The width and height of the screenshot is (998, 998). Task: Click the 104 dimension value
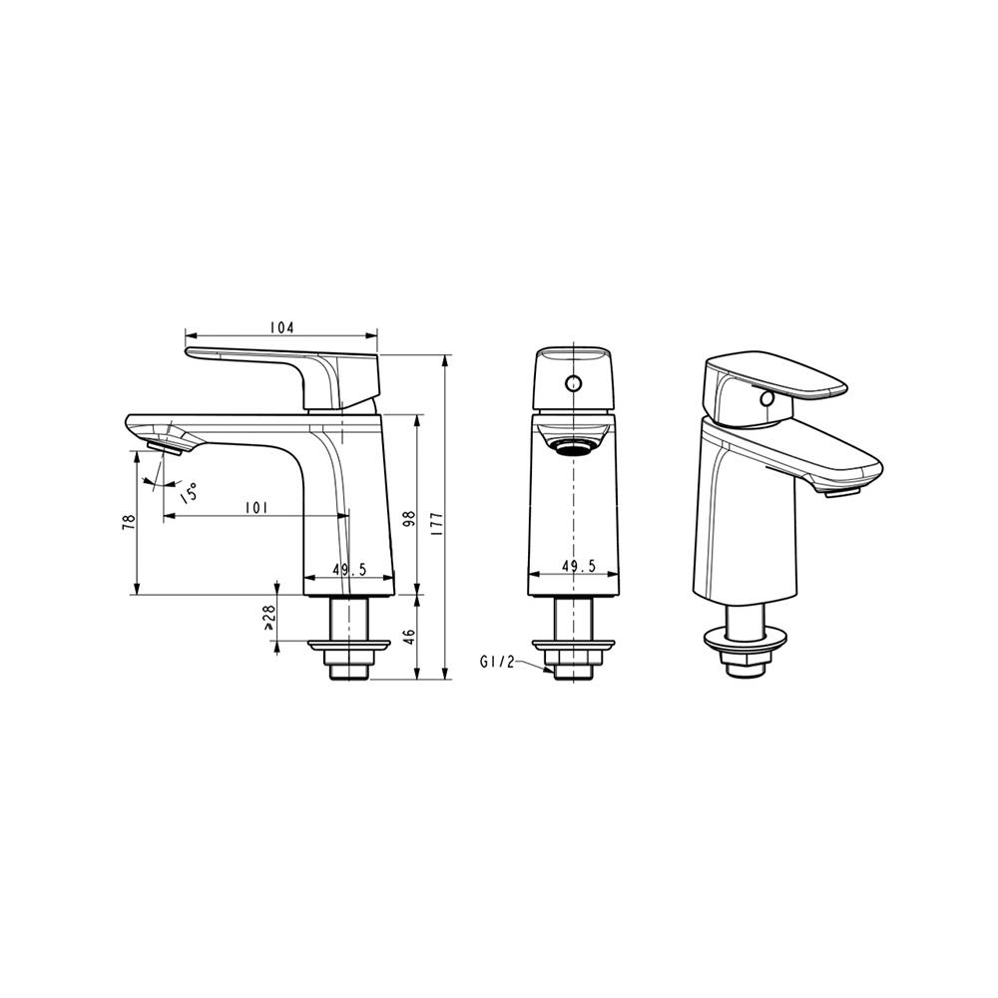pos(281,327)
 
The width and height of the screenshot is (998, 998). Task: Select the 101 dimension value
pos(256,508)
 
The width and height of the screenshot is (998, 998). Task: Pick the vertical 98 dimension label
pos(408,519)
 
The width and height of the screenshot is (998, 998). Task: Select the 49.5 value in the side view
pos(349,569)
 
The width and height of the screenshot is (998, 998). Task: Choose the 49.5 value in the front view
pos(578,566)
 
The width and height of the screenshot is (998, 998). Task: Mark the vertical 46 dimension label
pos(408,637)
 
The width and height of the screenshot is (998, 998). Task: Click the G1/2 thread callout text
pos(496,661)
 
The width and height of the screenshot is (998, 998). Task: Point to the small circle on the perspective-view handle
pos(766,399)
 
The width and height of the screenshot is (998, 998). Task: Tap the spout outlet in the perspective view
pos(839,489)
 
